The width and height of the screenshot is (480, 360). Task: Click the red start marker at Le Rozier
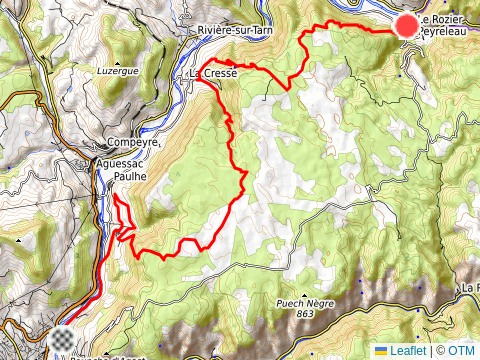tap(407, 27)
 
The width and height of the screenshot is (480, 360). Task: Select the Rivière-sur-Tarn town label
tap(236, 31)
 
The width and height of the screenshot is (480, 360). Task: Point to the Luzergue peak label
tap(116, 72)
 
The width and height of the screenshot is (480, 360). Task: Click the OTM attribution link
tap(462, 351)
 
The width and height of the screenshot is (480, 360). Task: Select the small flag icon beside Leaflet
tap(381, 351)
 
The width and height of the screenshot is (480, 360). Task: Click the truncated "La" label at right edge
tap(469, 288)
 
